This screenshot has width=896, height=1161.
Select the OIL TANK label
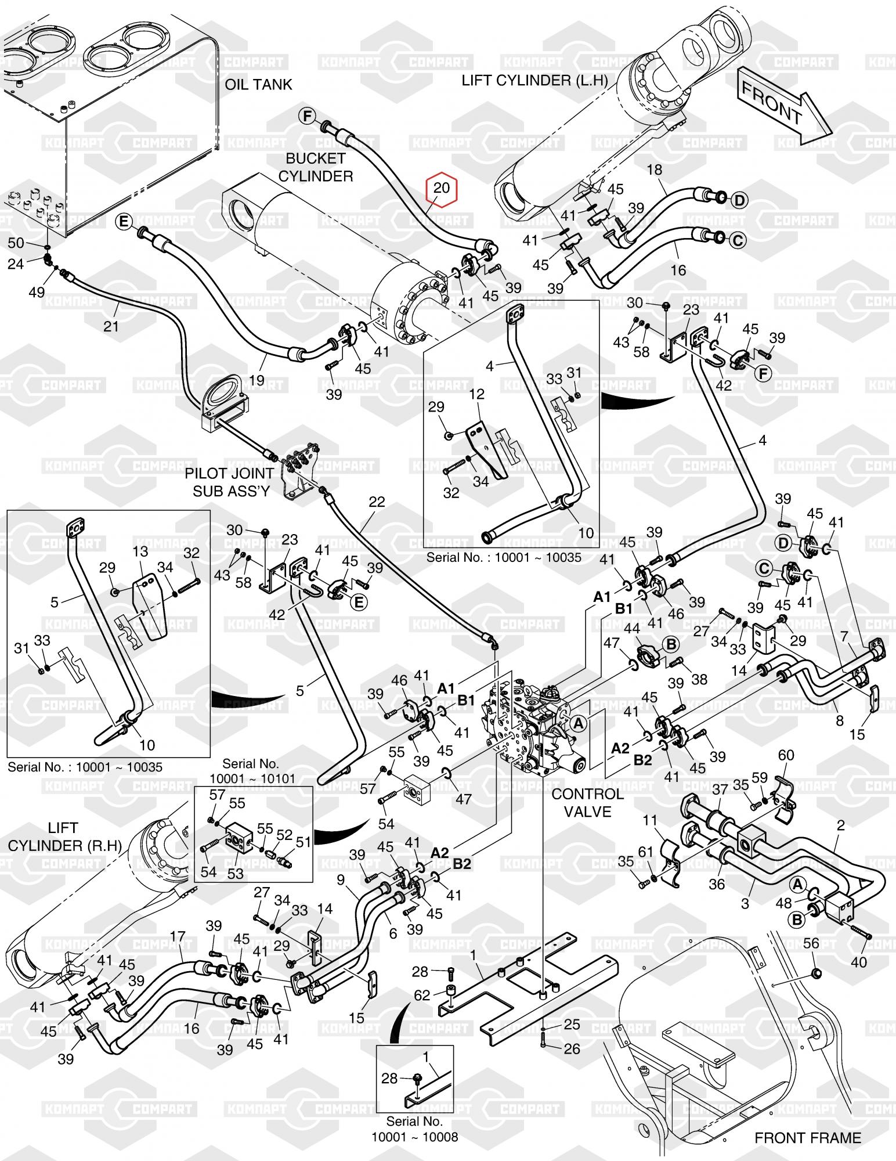pyautogui.click(x=258, y=85)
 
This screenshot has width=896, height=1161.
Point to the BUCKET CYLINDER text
pyautogui.click(x=316, y=167)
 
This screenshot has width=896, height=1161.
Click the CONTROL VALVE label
pyautogui.click(x=587, y=802)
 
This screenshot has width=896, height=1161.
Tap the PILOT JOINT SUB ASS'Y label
pyautogui.click(x=227, y=481)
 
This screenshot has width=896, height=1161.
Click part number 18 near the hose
pyautogui.click(x=654, y=170)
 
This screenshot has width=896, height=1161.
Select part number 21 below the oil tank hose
pyautogui.click(x=110, y=326)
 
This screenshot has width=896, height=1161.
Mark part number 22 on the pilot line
pyautogui.click(x=377, y=502)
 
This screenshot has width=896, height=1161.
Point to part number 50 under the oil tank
pyautogui.click(x=16, y=243)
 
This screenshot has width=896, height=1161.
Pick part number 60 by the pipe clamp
pyautogui.click(x=786, y=755)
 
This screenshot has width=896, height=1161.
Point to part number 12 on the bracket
pyautogui.click(x=476, y=394)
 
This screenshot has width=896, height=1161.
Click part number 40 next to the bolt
pyautogui.click(x=858, y=962)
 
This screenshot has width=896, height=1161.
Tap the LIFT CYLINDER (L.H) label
pyautogui.click(x=534, y=80)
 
